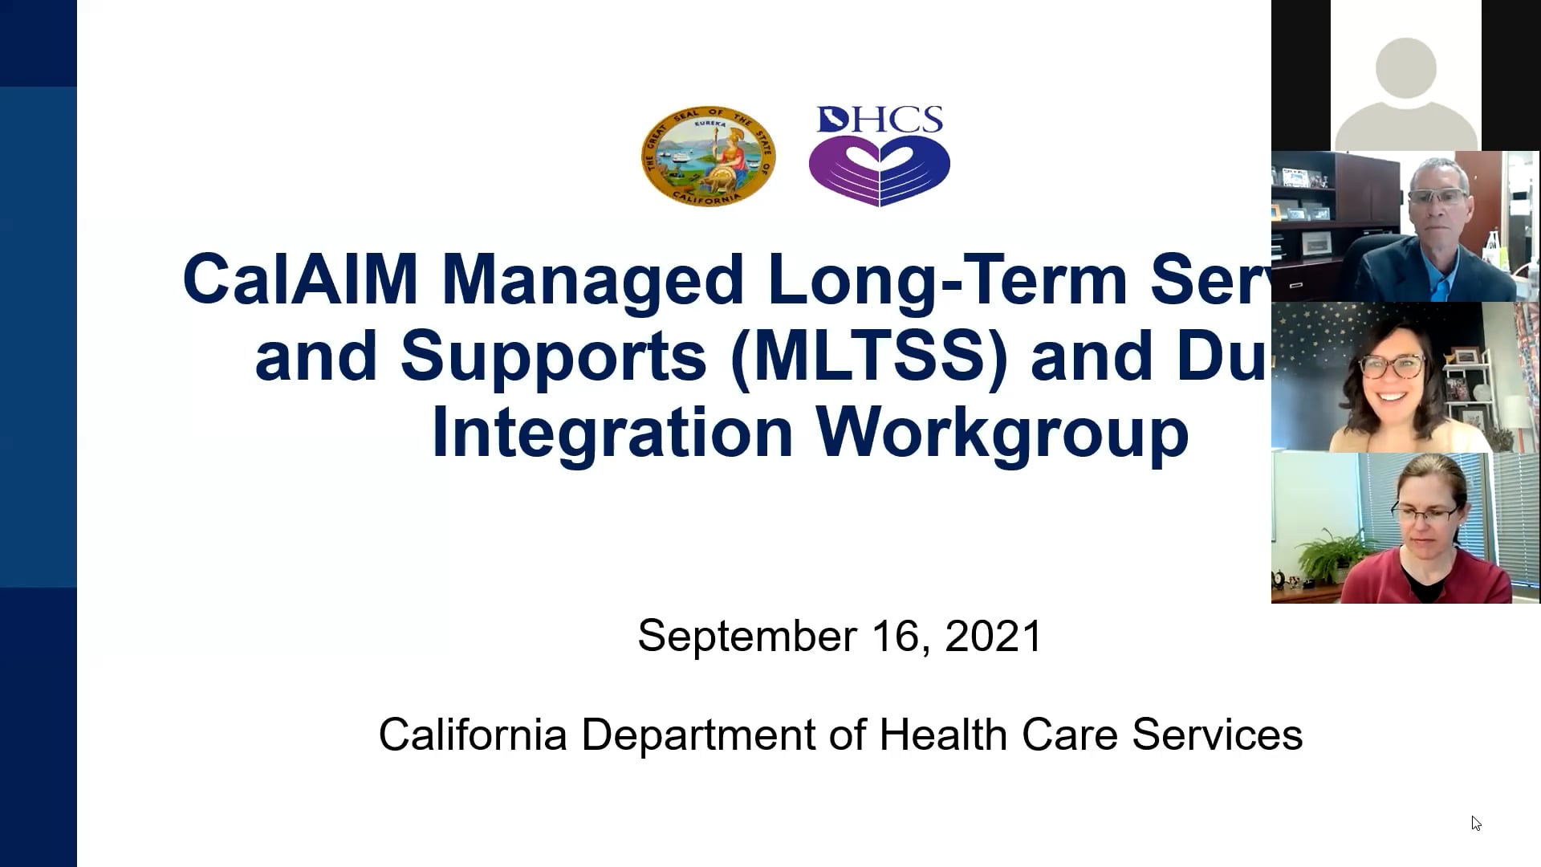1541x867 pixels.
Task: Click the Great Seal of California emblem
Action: [x=708, y=156]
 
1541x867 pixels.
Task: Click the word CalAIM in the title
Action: [x=300, y=279]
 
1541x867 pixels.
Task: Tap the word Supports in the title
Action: [x=553, y=356]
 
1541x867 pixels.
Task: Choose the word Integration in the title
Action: [x=612, y=432]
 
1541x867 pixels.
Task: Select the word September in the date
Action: [x=746, y=636]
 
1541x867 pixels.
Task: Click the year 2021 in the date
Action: [x=993, y=636]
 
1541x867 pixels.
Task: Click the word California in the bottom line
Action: [x=473, y=735]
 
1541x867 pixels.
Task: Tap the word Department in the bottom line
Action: [x=698, y=735]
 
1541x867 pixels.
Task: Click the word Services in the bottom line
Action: [x=1217, y=735]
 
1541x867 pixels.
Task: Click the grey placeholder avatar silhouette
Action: [x=1405, y=92]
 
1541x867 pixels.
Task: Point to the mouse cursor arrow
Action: [x=1475, y=822]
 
